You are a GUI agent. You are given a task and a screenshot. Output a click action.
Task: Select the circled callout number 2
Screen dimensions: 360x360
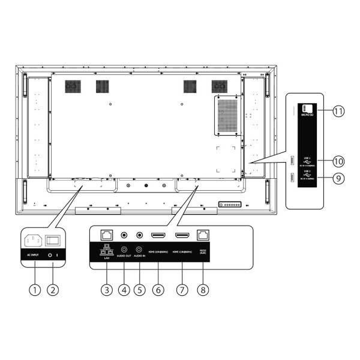coord(53,290)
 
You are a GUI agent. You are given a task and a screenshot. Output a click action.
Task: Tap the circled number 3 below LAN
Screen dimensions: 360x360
coord(107,290)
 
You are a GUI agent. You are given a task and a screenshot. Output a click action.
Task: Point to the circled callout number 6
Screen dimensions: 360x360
coord(160,290)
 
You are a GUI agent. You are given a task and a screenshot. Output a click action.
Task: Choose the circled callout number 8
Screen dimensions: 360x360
coord(205,290)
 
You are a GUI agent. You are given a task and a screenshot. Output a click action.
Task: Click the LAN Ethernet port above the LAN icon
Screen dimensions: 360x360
coord(107,235)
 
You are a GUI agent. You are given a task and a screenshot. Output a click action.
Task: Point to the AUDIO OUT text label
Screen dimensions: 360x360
coord(124,255)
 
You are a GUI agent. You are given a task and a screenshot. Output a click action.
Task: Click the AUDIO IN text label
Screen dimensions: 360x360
coord(141,255)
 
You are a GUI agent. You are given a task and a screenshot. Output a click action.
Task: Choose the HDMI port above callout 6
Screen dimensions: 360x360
coord(160,236)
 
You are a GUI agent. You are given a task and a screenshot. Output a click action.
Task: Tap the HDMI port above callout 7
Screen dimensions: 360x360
coord(182,236)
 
